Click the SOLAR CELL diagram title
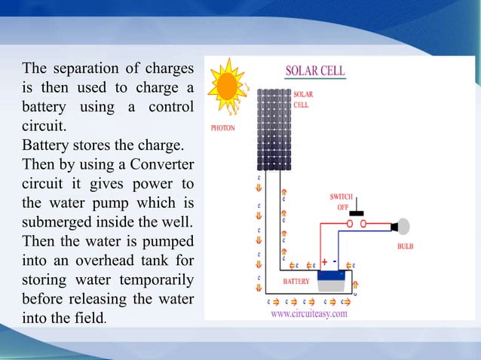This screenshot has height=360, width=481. tap(314, 72)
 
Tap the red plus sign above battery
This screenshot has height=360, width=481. tap(324, 262)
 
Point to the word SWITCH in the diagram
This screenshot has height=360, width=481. tap(342, 197)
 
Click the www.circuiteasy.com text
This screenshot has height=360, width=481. tap(309, 314)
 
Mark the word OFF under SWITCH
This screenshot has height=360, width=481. tap(342, 206)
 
